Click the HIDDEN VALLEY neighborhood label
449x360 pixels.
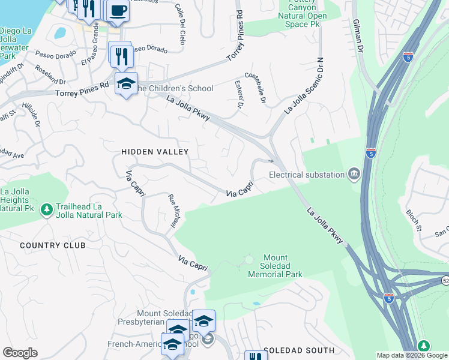click(x=155, y=152)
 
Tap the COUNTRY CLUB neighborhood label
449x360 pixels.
click(x=52, y=245)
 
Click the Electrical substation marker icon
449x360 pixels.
click(x=354, y=174)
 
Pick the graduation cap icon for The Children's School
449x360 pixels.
click(x=126, y=84)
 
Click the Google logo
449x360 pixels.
click(x=20, y=353)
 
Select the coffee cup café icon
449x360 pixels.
click(x=118, y=10)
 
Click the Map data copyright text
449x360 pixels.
click(x=412, y=355)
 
